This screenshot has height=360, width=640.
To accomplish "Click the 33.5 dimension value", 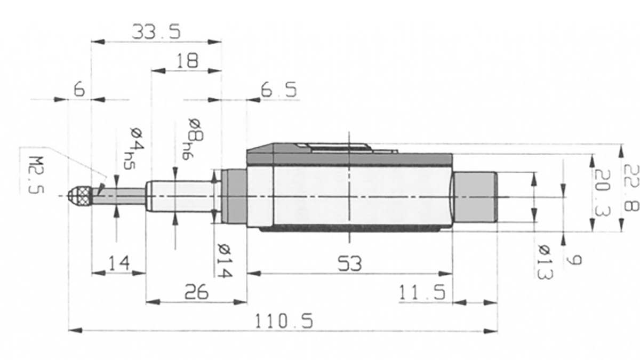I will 156,31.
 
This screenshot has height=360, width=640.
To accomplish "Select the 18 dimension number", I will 186,60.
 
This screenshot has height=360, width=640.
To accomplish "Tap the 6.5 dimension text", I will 278,90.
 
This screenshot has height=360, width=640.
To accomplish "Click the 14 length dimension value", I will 118,263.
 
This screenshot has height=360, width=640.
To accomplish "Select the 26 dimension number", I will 196,292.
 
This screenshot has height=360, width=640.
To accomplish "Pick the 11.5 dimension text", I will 423,293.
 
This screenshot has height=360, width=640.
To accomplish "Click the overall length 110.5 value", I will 283,321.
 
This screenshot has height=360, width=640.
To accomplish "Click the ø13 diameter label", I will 545,261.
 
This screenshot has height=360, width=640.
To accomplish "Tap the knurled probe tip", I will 82,197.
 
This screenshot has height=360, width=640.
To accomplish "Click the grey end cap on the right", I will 475,197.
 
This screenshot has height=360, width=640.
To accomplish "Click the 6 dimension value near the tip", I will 79,90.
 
